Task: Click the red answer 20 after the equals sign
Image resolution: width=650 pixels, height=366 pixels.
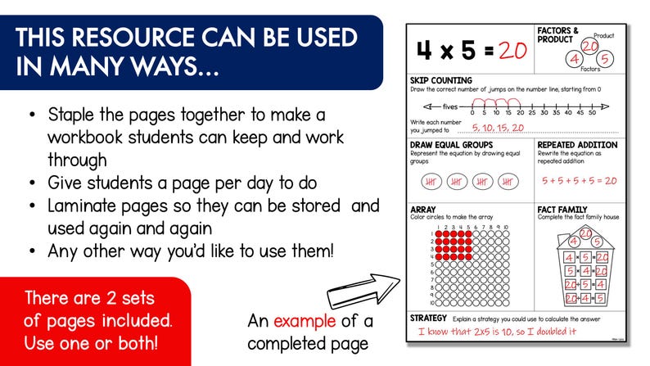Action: pos(511,51)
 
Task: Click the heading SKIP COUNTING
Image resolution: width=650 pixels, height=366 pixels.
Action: pos(441,80)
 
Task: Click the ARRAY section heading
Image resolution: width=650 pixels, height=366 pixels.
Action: pos(423,210)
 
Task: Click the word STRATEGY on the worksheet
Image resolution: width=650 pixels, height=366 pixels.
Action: pos(428,318)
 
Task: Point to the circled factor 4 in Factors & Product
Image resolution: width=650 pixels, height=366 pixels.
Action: pos(575,59)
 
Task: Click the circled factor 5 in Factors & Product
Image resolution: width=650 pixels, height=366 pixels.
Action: pos(604,59)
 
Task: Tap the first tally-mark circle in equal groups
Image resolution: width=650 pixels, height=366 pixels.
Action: pos(434,181)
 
